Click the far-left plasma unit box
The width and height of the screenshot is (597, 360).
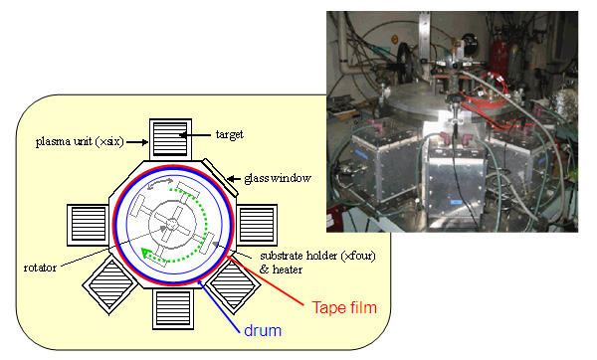click(x=87, y=224)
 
